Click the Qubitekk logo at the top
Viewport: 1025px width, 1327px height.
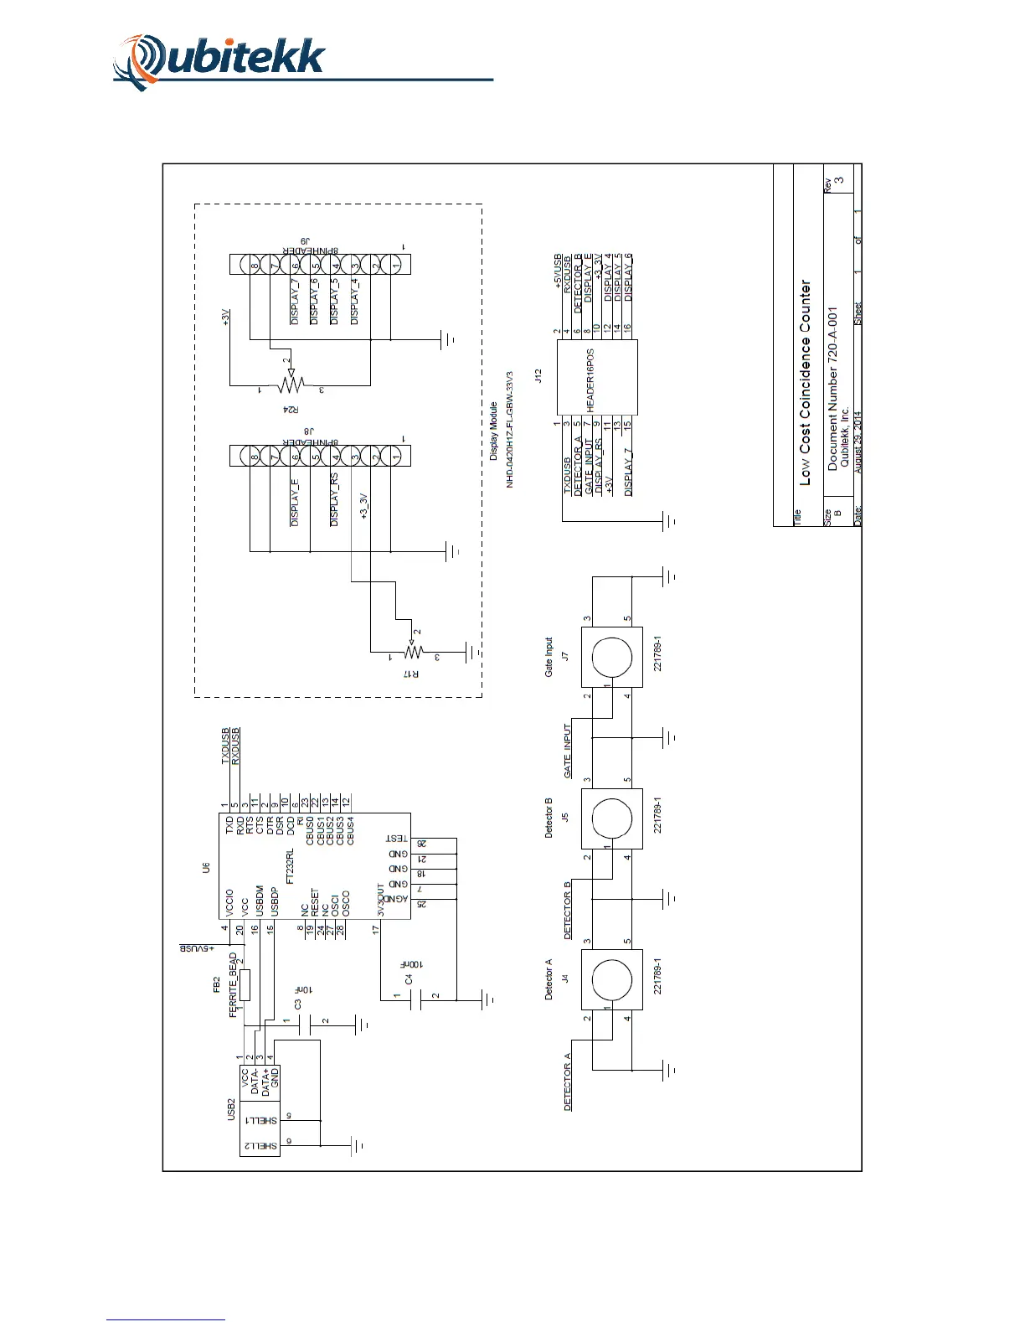point(219,61)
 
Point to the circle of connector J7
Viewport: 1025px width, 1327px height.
point(612,658)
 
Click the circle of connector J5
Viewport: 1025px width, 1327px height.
point(612,818)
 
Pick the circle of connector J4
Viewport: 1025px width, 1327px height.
point(612,979)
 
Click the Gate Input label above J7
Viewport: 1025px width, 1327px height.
point(549,658)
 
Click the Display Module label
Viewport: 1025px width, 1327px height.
point(493,431)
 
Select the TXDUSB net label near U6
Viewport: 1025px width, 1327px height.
point(225,746)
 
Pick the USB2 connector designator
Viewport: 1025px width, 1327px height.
point(232,1110)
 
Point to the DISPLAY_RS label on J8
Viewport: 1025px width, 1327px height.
point(334,499)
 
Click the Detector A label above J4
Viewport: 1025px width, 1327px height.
point(549,984)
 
